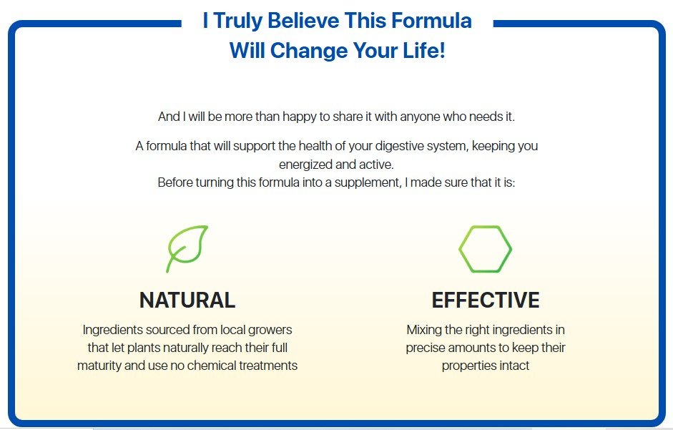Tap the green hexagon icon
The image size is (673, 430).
click(460, 249)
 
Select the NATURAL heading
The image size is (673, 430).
click(187, 300)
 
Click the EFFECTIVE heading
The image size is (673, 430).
click(486, 300)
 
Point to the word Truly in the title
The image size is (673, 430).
click(237, 21)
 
